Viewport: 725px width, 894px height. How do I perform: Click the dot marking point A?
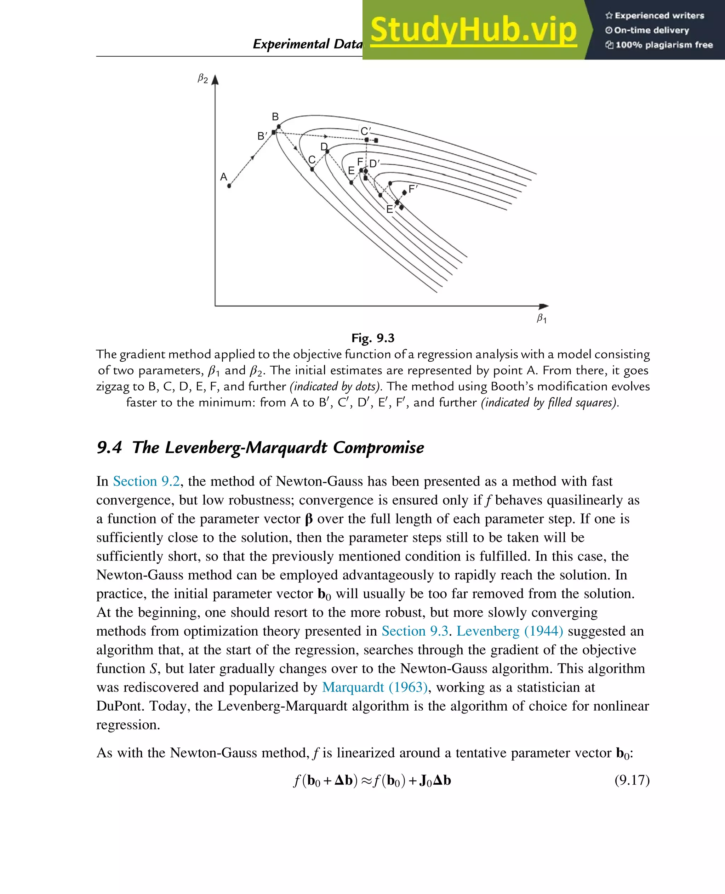pyautogui.click(x=229, y=186)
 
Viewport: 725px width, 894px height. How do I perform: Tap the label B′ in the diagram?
pyautogui.click(x=262, y=136)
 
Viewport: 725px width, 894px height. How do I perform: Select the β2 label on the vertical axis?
pyautogui.click(x=202, y=79)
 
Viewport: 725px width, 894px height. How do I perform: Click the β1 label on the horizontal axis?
pyautogui.click(x=541, y=319)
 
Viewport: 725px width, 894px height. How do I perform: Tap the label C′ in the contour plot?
pyautogui.click(x=365, y=131)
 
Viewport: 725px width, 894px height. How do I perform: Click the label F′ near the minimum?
pyautogui.click(x=413, y=189)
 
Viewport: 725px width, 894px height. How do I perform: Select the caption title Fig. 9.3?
pyautogui.click(x=372, y=338)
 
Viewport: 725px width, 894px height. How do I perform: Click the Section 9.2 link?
pyautogui.click(x=146, y=481)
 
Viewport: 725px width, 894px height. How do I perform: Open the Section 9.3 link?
pyautogui.click(x=415, y=631)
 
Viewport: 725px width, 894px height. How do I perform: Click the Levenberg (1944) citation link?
pyautogui.click(x=509, y=631)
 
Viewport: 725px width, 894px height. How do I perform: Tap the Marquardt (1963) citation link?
pyautogui.click(x=375, y=687)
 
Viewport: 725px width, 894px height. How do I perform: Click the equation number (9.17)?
pyautogui.click(x=632, y=780)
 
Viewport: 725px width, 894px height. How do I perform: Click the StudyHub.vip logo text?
pyautogui.click(x=474, y=30)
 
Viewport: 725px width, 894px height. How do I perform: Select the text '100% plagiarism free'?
pyautogui.click(x=664, y=45)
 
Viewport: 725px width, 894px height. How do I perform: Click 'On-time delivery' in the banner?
pyautogui.click(x=651, y=30)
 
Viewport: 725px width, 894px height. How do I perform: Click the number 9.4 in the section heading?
pyautogui.click(x=109, y=447)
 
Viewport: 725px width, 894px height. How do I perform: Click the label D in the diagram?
pyautogui.click(x=324, y=147)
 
